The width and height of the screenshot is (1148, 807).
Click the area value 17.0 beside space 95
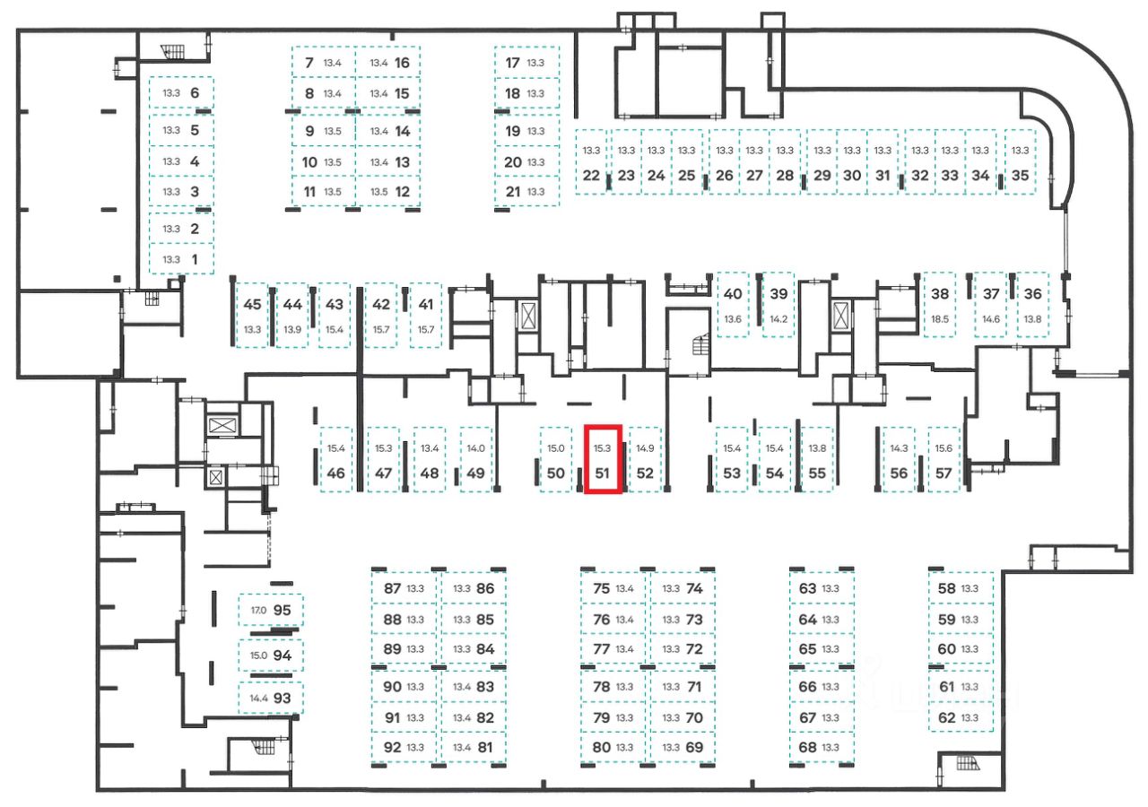coord(258,610)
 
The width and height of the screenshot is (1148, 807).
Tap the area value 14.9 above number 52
coord(645,447)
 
